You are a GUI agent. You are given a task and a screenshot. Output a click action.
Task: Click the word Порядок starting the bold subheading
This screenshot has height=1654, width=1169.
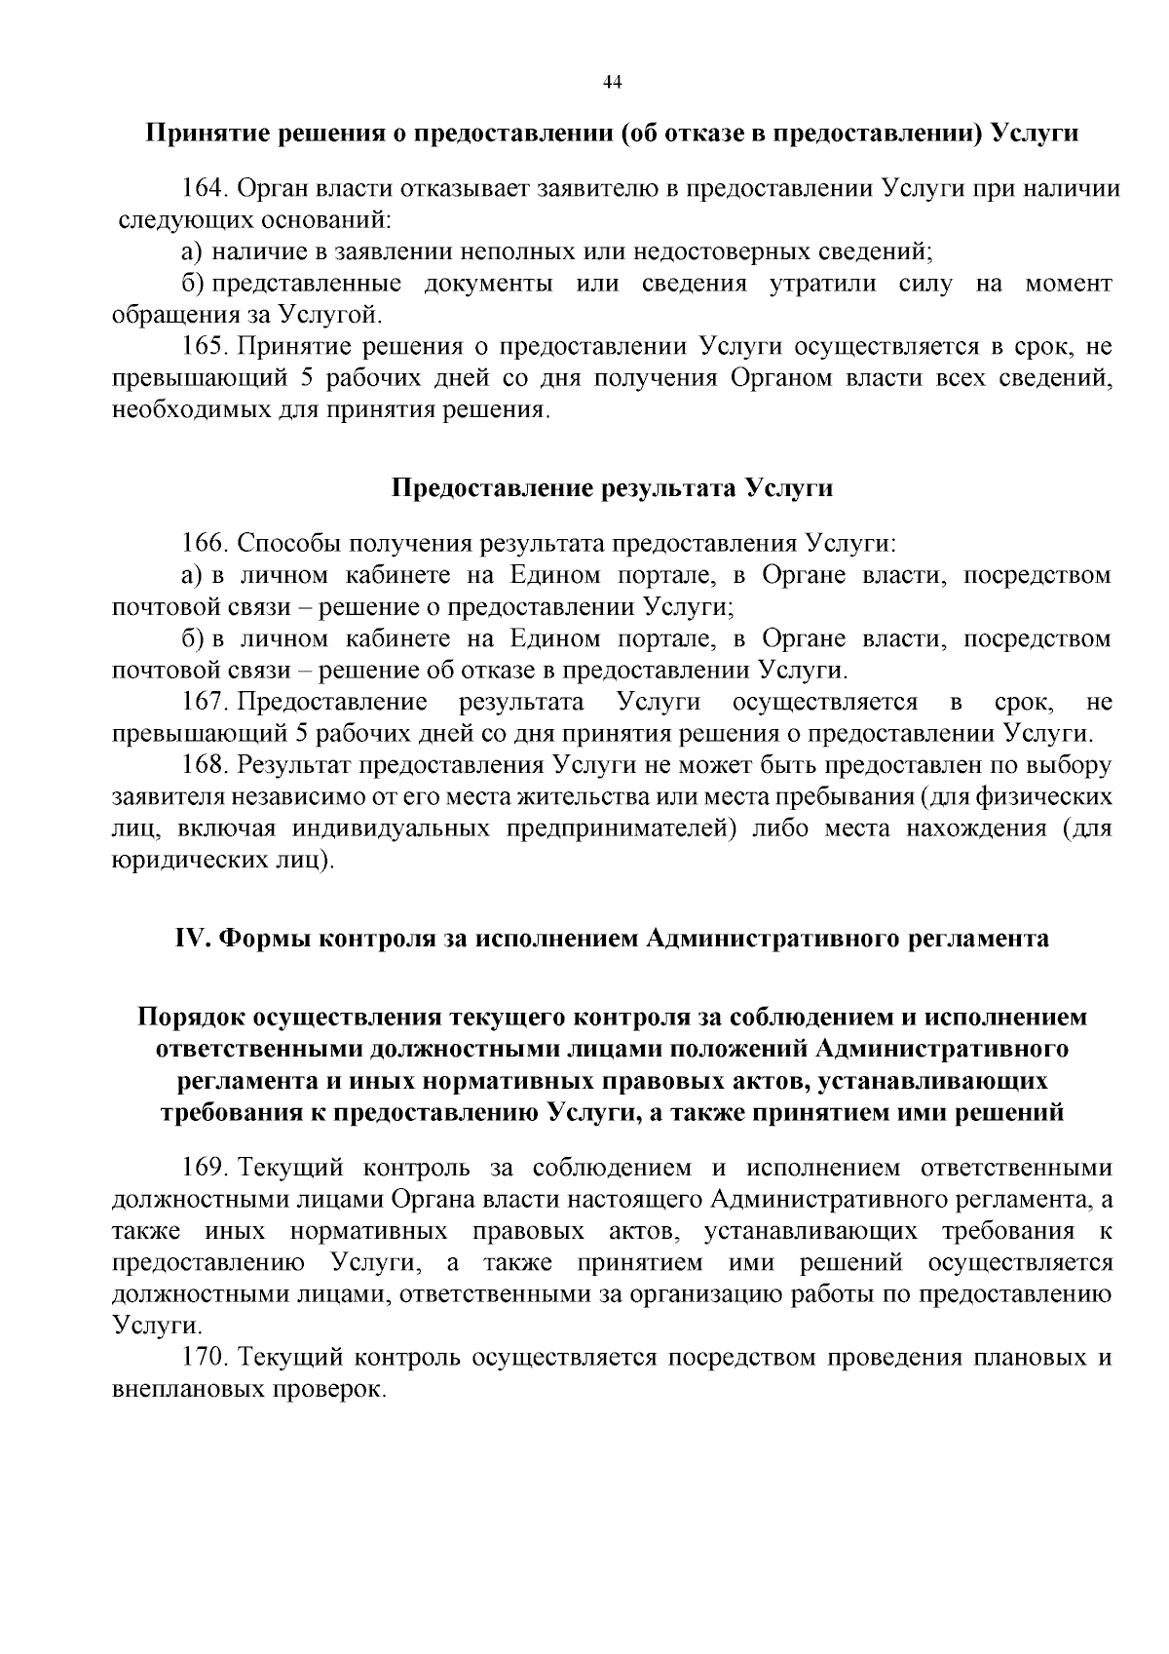click(194, 1018)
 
